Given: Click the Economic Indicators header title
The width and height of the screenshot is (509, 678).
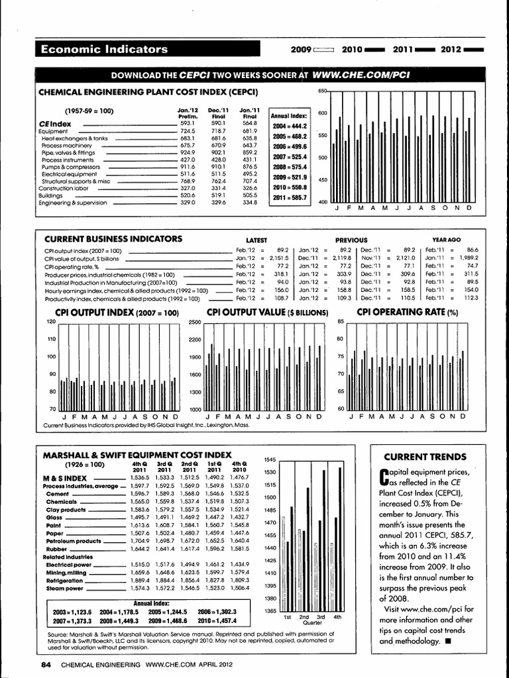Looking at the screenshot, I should pyautogui.click(x=104, y=49).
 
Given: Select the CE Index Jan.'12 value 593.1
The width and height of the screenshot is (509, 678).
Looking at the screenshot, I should pyautogui.click(x=187, y=123).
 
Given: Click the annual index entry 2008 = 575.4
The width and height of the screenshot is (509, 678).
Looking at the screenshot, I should pyautogui.click(x=289, y=168).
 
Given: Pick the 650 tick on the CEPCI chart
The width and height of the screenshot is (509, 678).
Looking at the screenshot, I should pyautogui.click(x=323, y=91).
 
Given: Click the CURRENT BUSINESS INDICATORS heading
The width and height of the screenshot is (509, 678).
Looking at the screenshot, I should pyautogui.click(x=113, y=238).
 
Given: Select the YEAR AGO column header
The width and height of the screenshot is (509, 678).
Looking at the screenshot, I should pyautogui.click(x=446, y=240).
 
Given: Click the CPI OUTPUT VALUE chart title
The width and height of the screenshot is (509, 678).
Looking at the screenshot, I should pyautogui.click(x=267, y=312).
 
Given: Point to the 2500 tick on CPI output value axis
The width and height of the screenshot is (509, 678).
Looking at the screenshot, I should pyautogui.click(x=194, y=322).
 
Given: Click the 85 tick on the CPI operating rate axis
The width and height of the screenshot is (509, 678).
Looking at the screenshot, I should pyautogui.click(x=341, y=322).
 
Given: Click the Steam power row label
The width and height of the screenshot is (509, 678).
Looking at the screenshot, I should pyautogui.click(x=64, y=588).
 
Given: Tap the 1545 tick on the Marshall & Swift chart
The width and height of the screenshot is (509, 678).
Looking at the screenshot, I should pyautogui.click(x=269, y=459).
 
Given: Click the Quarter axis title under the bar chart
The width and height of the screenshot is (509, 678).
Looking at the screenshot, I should pyautogui.click(x=312, y=622).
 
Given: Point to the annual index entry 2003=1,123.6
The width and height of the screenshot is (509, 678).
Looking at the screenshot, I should pyautogui.click(x=72, y=612).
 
